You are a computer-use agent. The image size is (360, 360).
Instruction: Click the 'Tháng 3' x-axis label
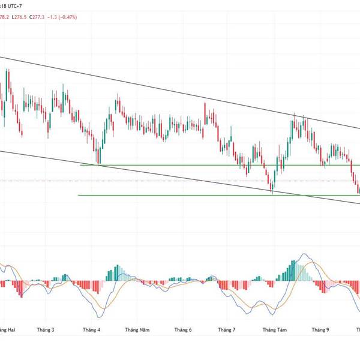coord(45,329)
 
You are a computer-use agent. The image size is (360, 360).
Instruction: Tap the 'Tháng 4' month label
coord(91,329)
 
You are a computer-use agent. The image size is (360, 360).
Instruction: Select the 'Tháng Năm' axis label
coord(136,329)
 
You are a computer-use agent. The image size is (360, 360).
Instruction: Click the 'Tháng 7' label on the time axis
coord(227,329)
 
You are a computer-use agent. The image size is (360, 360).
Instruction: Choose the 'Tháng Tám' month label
coord(274,329)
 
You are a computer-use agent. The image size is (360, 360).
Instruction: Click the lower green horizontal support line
coord(180,195)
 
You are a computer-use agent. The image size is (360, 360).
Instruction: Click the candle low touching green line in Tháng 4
coord(98,164)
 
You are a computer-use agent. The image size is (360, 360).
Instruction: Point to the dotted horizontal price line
coord(180,181)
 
